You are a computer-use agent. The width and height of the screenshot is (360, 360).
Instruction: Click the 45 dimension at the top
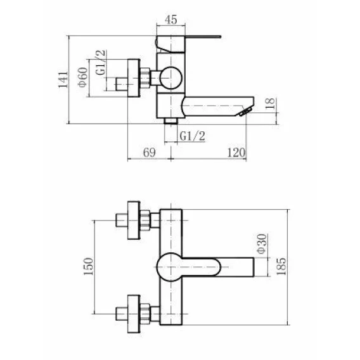pos(171,20)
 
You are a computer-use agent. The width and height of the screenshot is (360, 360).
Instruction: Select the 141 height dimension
pos(63,80)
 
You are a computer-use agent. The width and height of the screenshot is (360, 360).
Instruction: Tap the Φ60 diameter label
pos(83,77)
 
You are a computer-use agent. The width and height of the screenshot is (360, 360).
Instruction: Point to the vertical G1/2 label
pos(101,63)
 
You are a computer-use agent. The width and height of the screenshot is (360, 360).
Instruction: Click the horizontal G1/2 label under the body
pos(192,136)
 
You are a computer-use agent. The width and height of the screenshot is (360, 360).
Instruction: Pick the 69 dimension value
pos(149,153)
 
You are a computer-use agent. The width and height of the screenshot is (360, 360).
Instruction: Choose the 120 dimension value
pos(236,153)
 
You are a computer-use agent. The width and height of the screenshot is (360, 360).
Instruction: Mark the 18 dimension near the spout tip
pos(270,103)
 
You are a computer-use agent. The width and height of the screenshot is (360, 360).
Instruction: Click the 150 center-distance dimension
pos(88,267)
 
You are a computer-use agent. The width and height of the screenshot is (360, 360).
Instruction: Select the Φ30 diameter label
pos(262,243)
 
